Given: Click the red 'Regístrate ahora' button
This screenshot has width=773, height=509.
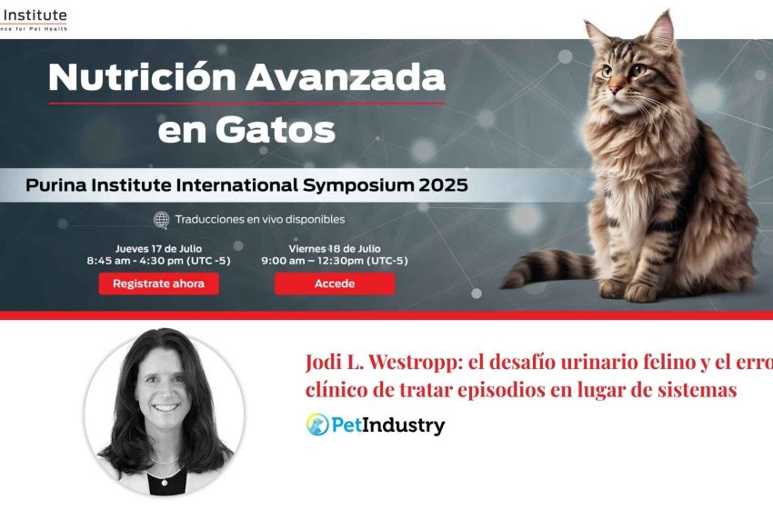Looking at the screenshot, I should tap(158, 284).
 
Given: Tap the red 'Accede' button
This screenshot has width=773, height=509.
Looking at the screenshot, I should tap(335, 284).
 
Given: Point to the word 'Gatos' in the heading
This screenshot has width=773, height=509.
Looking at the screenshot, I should tap(285, 131).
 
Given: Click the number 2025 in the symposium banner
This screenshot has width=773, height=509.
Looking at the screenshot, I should tap(437, 185).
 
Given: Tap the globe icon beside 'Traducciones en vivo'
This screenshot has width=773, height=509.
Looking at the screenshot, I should tap(161, 219).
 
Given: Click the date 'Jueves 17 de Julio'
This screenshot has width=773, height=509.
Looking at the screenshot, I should tap(158, 248).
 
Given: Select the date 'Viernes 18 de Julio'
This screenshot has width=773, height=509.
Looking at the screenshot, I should tap(334, 248).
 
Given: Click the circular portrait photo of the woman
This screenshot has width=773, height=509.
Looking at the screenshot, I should tap(164, 414).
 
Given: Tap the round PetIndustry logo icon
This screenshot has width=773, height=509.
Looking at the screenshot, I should tap(317, 424).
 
